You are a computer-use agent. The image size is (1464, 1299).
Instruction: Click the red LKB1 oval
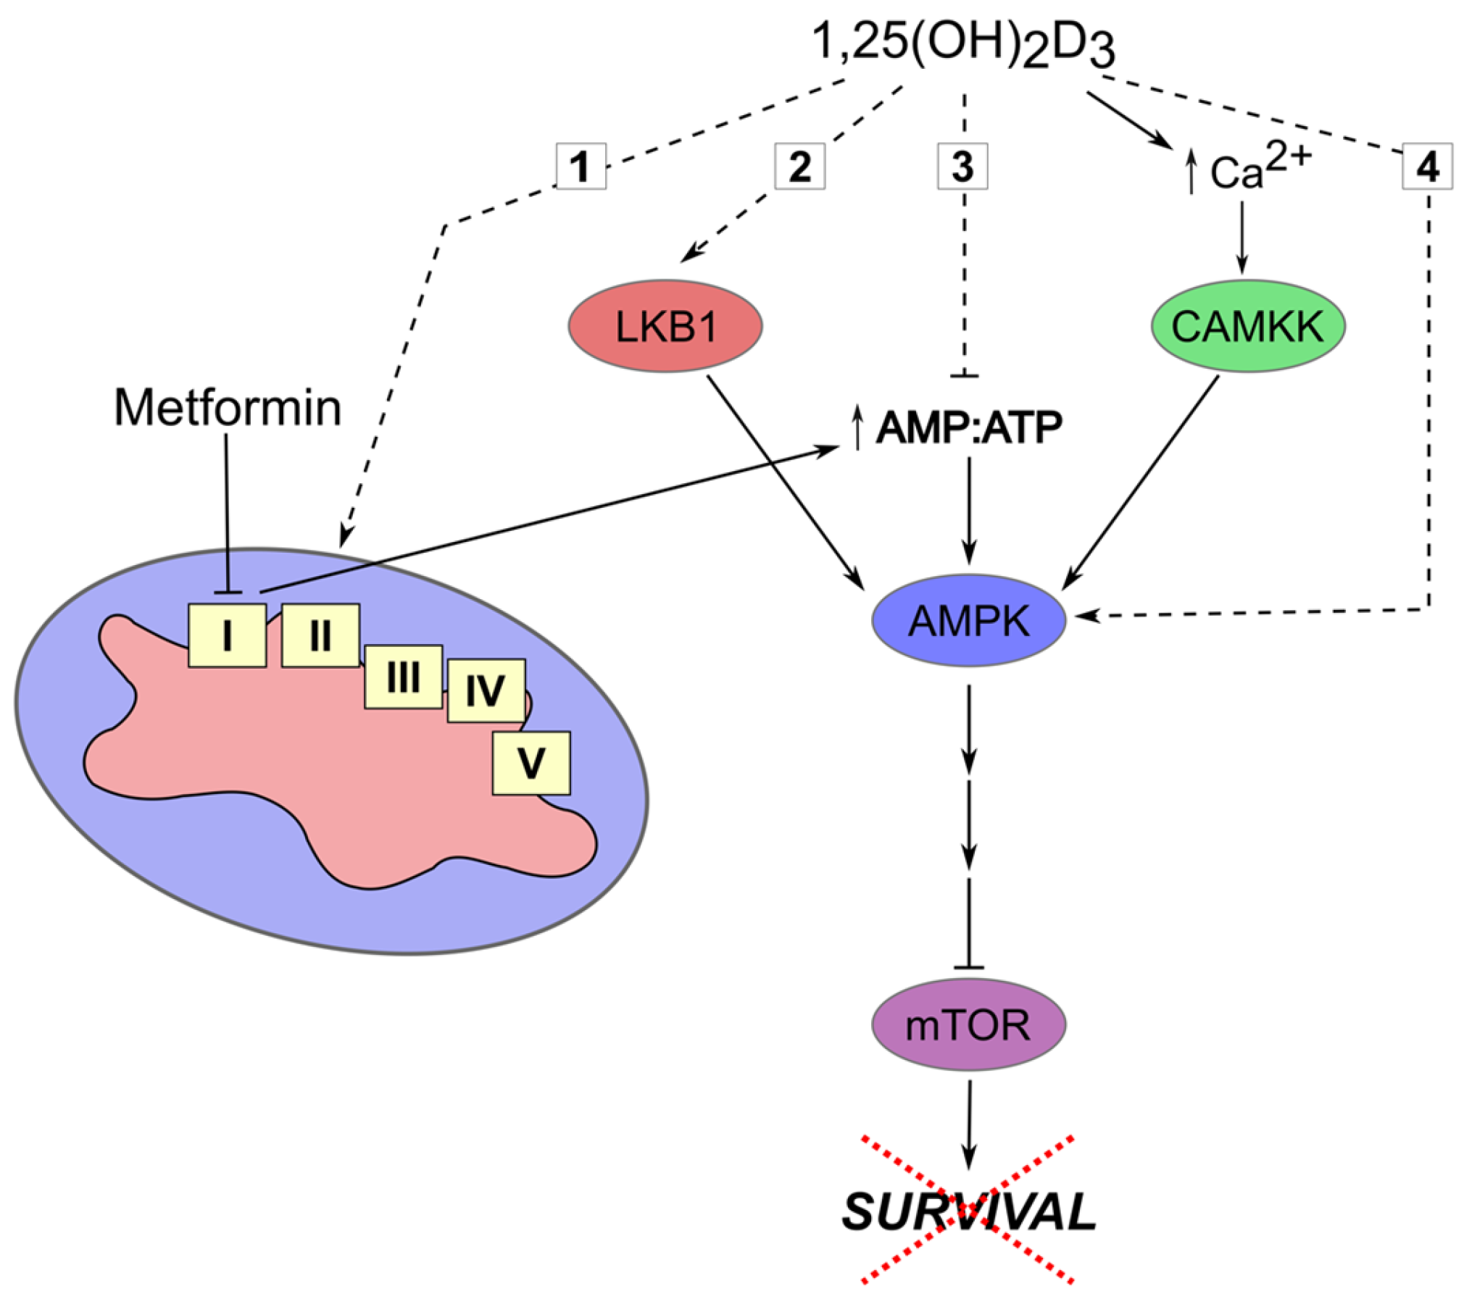coord(664,326)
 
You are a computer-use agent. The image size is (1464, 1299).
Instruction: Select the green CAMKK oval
coord(1247,326)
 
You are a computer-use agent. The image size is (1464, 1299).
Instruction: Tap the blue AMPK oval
coord(968,620)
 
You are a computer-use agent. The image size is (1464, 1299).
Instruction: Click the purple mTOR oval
coord(968,1024)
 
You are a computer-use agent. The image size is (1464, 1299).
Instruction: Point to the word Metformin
coord(228,408)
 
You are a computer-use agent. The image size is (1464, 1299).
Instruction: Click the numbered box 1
coord(581,167)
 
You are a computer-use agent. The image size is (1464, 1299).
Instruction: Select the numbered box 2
coord(799,167)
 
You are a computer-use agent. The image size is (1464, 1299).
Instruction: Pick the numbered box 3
coord(962,167)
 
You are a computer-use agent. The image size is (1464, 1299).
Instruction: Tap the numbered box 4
coord(1426,167)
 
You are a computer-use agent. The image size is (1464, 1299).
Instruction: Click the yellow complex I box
coord(227,636)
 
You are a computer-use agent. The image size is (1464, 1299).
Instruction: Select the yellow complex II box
coord(320,636)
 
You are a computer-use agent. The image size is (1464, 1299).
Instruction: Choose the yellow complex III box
coord(403,677)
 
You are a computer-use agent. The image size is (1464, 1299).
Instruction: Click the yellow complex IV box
coord(486,690)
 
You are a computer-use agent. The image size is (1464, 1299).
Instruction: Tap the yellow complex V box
coord(531,763)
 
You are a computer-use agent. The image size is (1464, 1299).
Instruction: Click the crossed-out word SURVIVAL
coord(968,1211)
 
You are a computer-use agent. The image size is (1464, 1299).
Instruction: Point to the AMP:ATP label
coord(968,427)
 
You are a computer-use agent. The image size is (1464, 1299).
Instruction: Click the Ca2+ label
coord(1257,170)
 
